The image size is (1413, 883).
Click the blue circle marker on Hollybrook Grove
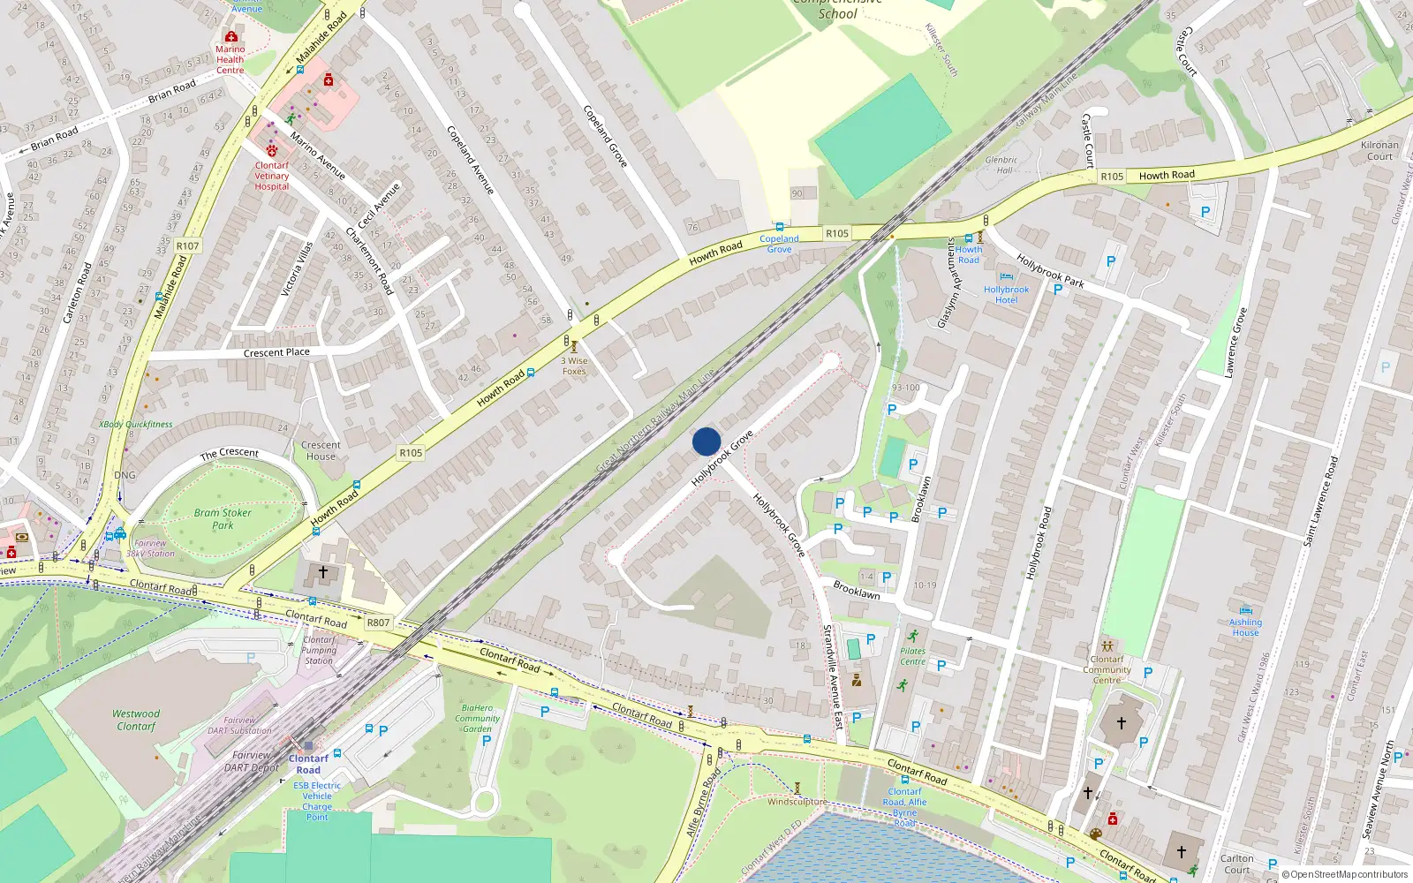706,441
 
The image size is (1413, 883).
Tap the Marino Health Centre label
230,59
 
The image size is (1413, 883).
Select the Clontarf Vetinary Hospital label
272,176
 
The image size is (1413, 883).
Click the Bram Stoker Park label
223,518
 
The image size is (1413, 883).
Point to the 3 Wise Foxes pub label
574,366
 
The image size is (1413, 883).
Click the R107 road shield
188,245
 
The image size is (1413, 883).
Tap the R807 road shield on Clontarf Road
378,623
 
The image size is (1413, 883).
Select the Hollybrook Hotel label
1006,294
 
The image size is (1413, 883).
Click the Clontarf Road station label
308,764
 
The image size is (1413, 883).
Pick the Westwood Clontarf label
136,720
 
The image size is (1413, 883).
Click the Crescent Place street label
276,352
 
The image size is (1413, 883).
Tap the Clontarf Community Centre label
1107,669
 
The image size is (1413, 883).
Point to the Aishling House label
1245,627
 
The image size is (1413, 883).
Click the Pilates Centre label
912,656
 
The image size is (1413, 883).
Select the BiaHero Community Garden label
477,718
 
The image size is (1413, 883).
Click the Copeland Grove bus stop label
779,244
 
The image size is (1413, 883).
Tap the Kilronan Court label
1379,150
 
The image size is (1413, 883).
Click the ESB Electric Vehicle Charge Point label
317,801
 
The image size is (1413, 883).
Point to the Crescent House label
321,450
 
